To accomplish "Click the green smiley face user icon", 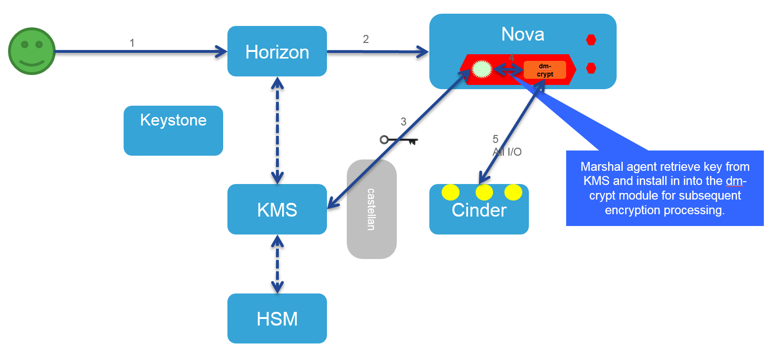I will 32,51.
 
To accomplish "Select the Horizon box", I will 277,51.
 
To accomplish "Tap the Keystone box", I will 173,130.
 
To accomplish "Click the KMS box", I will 277,209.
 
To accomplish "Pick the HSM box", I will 277,318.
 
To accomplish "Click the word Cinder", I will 479,210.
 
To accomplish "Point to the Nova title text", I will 522,34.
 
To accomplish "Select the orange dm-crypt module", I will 544,70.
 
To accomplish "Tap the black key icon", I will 399,140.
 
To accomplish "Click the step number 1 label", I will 132,43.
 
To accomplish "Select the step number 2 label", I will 366,39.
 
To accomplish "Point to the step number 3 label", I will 403,122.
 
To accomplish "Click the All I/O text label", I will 507,152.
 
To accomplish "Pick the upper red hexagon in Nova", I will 591,40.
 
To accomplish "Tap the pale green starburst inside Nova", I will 482,69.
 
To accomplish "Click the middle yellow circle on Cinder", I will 484,193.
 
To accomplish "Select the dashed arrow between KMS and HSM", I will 277,264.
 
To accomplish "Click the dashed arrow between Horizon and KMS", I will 277,130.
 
